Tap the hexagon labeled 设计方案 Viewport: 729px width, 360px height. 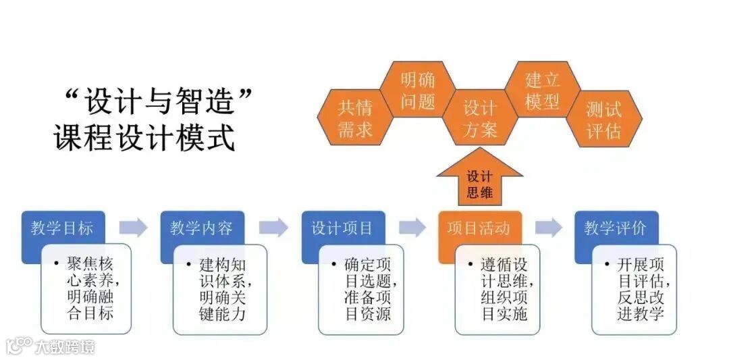click(x=480, y=119)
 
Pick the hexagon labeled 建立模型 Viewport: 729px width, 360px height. click(x=543, y=91)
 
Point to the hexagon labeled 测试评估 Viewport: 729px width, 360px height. click(x=603, y=119)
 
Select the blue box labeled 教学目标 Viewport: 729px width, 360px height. click(x=61, y=228)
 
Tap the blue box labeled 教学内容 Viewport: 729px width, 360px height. click(x=200, y=228)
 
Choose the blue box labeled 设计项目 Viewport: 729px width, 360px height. click(x=342, y=228)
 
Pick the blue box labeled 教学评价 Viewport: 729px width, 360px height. click(x=615, y=228)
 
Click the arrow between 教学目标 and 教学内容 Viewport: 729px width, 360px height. click(x=133, y=228)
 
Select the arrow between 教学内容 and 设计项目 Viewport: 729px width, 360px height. click(x=273, y=228)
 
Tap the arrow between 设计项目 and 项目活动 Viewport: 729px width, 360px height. click(x=412, y=228)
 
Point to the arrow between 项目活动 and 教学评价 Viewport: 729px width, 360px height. click(x=548, y=228)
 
